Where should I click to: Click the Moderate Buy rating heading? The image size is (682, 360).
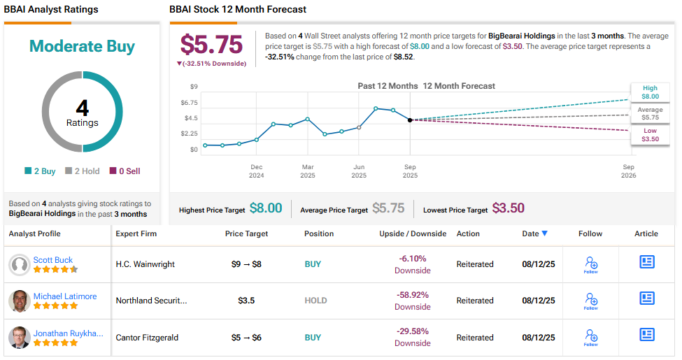click(x=82, y=47)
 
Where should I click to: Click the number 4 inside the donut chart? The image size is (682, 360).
click(x=82, y=108)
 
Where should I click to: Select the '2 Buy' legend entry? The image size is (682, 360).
click(x=41, y=171)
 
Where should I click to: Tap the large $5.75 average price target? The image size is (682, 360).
click(x=211, y=44)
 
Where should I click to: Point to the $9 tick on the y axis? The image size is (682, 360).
click(x=194, y=87)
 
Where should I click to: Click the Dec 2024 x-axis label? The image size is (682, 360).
click(x=257, y=171)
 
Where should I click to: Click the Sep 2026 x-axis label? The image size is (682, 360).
click(x=628, y=171)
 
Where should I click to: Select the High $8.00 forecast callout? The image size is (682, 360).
click(x=650, y=92)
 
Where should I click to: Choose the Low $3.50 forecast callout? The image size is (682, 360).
click(x=650, y=135)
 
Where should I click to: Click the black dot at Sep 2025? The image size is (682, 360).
click(x=410, y=120)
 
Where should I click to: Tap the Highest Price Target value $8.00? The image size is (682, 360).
click(x=266, y=208)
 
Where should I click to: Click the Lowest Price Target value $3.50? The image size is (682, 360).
click(x=508, y=208)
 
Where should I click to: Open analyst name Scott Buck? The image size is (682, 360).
click(x=53, y=260)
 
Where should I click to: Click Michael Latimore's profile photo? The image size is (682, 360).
click(x=19, y=301)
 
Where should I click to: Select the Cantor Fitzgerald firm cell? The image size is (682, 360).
click(x=147, y=338)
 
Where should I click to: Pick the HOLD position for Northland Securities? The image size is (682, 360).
click(x=315, y=301)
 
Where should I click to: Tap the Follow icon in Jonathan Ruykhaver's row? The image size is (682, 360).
click(x=590, y=337)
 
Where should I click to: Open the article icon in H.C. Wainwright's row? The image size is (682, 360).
click(x=647, y=261)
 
